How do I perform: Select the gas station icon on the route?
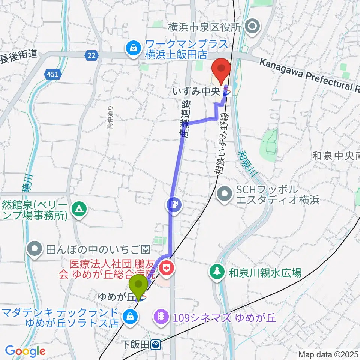click(174, 205)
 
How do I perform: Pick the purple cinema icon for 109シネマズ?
click(161, 317)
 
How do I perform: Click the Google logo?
click(25, 351)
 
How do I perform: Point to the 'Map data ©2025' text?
click(328, 354)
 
